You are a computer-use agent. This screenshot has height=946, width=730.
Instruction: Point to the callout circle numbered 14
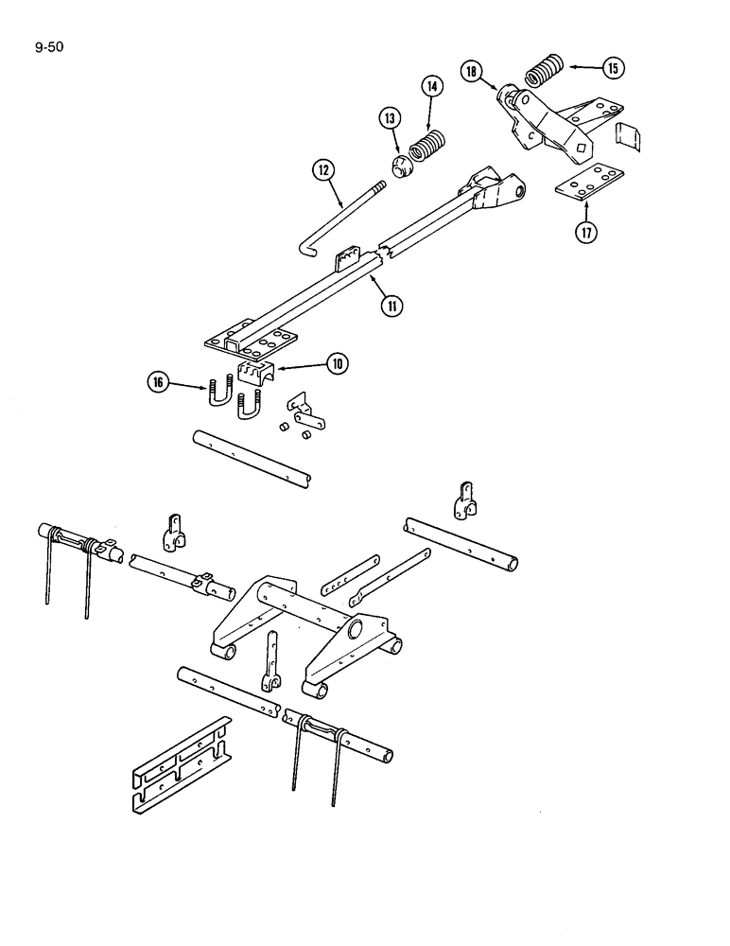431,87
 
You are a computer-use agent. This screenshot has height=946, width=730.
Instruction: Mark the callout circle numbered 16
159,382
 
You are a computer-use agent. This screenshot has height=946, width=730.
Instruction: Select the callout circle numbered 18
472,71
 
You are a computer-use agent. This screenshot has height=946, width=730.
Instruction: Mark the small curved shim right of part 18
628,136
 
